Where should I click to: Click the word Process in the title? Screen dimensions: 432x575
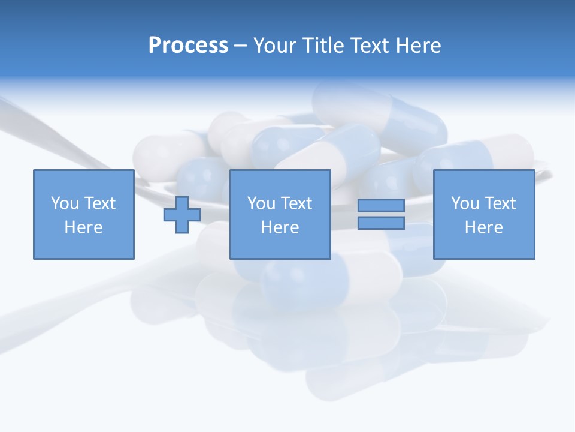[x=188, y=46]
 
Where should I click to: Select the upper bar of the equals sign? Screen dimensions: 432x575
[x=381, y=205]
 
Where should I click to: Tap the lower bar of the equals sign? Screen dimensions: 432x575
[x=381, y=223]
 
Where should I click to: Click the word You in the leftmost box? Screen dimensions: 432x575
[x=65, y=203]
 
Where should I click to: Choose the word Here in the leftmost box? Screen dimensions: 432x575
[x=83, y=227]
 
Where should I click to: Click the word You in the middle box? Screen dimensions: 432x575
[x=261, y=203]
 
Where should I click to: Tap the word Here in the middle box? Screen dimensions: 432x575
[x=280, y=227]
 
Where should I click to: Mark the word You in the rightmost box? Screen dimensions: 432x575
[x=465, y=203]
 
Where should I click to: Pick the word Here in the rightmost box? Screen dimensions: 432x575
[x=483, y=227]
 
